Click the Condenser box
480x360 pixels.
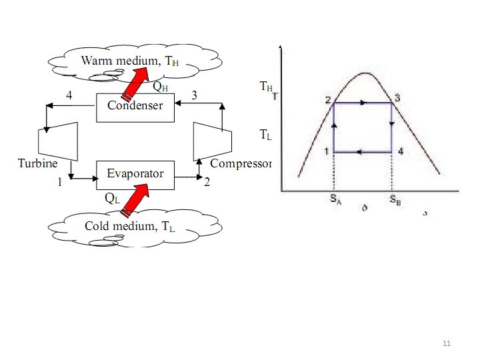135,106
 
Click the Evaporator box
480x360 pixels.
135,173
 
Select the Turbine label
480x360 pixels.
37,163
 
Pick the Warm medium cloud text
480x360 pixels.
130,61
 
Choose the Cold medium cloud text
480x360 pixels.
129,226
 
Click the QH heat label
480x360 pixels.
160,86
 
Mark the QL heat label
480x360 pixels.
112,198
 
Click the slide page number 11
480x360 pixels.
447,343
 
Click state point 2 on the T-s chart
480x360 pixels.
329,100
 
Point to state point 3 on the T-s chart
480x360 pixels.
397,99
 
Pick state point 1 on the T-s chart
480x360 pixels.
327,151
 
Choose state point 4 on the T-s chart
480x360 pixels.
400,151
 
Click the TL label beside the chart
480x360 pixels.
265,135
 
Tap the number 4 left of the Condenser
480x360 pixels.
69,95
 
